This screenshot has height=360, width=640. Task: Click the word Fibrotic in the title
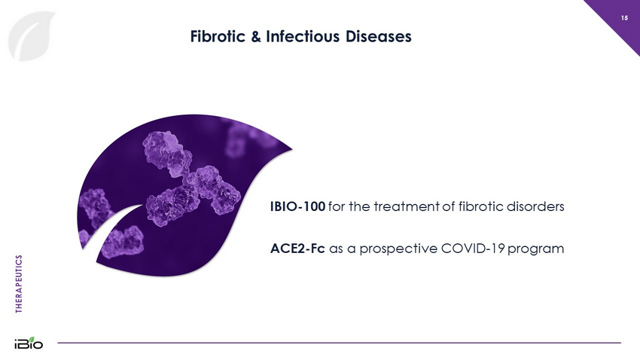(218, 36)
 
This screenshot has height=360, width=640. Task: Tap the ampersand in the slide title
(256, 36)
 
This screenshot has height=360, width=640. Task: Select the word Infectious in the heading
(303, 36)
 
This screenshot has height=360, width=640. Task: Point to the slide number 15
(624, 18)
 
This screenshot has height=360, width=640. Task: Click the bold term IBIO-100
(297, 206)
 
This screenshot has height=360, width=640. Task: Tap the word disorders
(535, 206)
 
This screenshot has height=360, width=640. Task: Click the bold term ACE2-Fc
(297, 249)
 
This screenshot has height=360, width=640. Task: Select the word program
(536, 249)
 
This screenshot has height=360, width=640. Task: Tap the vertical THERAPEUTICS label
(19, 284)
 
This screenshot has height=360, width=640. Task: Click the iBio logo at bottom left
(29, 343)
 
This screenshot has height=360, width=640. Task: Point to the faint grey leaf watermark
(31, 36)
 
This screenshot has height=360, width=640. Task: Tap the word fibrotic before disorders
(480, 206)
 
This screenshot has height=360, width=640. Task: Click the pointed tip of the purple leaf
(292, 149)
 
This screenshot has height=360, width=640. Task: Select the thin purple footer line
(339, 343)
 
